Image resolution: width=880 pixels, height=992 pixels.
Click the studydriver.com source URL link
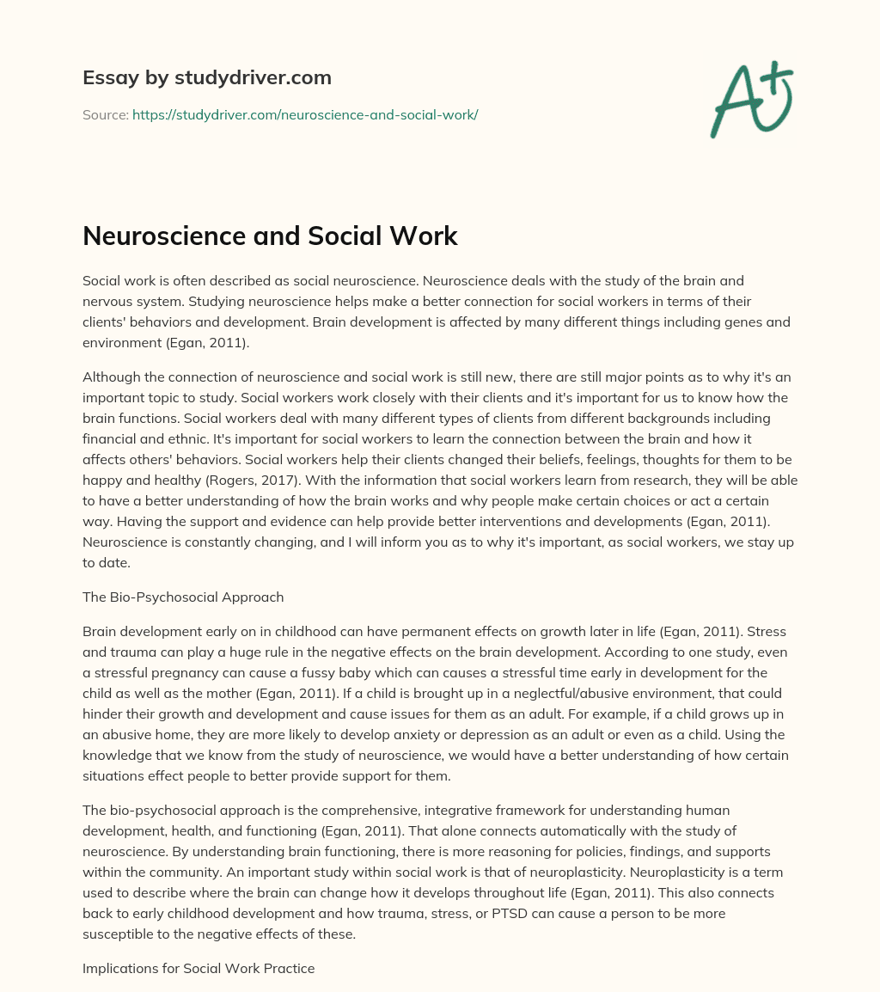[x=305, y=114]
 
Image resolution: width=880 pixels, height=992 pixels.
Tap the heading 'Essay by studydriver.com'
[x=207, y=77]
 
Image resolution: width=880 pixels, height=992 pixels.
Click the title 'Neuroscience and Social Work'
[x=270, y=236]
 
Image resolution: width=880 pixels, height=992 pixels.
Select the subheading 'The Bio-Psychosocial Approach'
[x=183, y=597]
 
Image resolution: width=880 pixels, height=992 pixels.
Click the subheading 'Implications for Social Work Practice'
[x=199, y=968]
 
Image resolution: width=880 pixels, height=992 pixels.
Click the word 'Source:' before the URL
[x=105, y=114]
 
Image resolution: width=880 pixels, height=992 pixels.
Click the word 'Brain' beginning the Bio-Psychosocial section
[x=101, y=631]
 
